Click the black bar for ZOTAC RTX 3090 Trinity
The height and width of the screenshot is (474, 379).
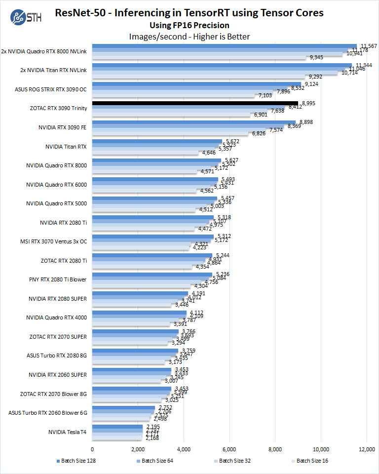tap(195, 103)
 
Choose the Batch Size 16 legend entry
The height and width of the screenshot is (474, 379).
tap(311, 461)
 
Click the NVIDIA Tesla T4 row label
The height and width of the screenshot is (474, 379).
tap(67, 432)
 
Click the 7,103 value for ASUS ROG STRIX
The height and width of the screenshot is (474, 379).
tap(265, 95)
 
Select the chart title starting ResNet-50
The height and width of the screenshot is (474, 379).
tap(189, 13)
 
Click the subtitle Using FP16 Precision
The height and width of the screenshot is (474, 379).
tap(189, 25)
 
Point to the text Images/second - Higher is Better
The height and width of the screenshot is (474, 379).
tap(189, 36)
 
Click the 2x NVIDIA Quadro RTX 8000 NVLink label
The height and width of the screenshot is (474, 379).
tap(44, 51)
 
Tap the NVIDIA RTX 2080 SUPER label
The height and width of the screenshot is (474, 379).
tap(58, 299)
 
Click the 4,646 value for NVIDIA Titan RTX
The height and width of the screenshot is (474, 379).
tap(206, 153)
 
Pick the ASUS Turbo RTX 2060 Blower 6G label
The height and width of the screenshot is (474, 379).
tap(48, 413)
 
